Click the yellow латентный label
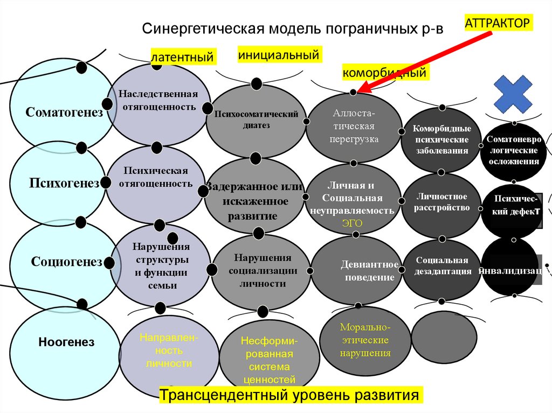[183, 57]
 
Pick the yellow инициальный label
[279, 54]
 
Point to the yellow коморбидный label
[385, 72]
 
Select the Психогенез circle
[57, 183]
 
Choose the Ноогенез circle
[59, 342]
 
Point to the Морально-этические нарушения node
[365, 341]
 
